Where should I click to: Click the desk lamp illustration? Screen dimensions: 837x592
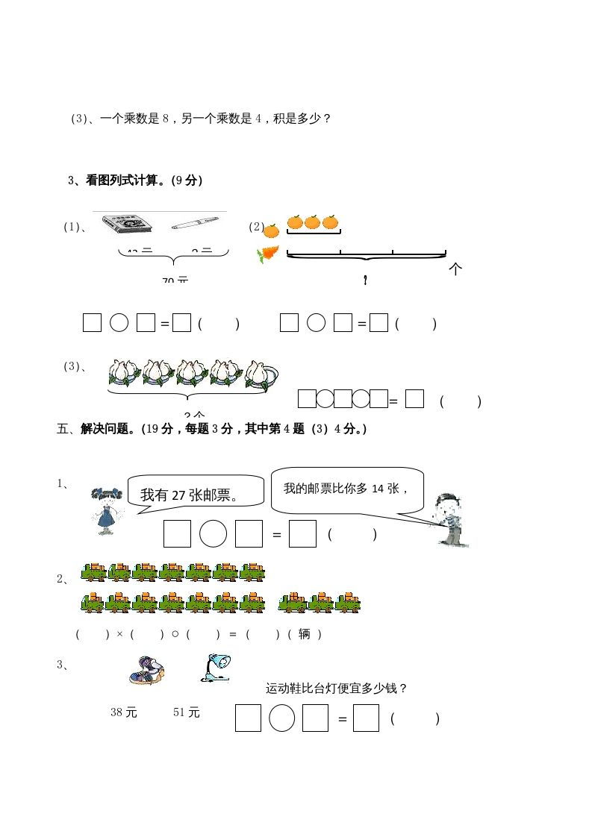pyautogui.click(x=216, y=667)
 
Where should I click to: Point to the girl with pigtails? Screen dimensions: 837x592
pyautogui.click(x=106, y=510)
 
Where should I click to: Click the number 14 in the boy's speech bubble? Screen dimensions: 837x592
pyautogui.click(x=381, y=488)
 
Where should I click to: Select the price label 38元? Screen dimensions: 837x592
pyautogui.click(x=124, y=712)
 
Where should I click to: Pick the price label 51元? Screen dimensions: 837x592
pyautogui.click(x=187, y=712)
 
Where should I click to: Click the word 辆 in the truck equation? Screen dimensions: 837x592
pyautogui.click(x=304, y=634)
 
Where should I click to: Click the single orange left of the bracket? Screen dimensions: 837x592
pyautogui.click(x=272, y=231)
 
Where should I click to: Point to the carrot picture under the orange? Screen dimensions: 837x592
pyautogui.click(x=267, y=255)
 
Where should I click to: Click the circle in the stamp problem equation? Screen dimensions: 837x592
pyautogui.click(x=213, y=534)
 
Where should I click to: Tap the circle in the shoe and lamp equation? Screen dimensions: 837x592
pyautogui.click(x=281, y=718)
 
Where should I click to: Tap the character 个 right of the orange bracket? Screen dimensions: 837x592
pyautogui.click(x=455, y=270)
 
